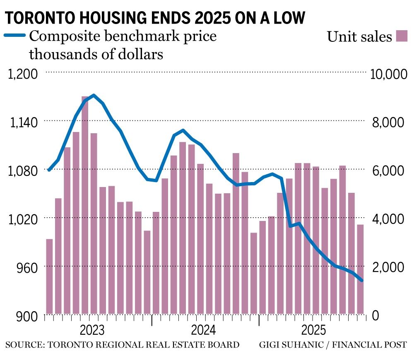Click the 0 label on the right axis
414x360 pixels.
point(375,316)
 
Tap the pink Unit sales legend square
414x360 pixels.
point(402,36)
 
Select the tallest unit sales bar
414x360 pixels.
point(85,205)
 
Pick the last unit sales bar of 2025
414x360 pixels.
point(360,269)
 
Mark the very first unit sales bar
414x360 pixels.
point(49,276)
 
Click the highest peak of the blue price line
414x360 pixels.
point(94,95)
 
